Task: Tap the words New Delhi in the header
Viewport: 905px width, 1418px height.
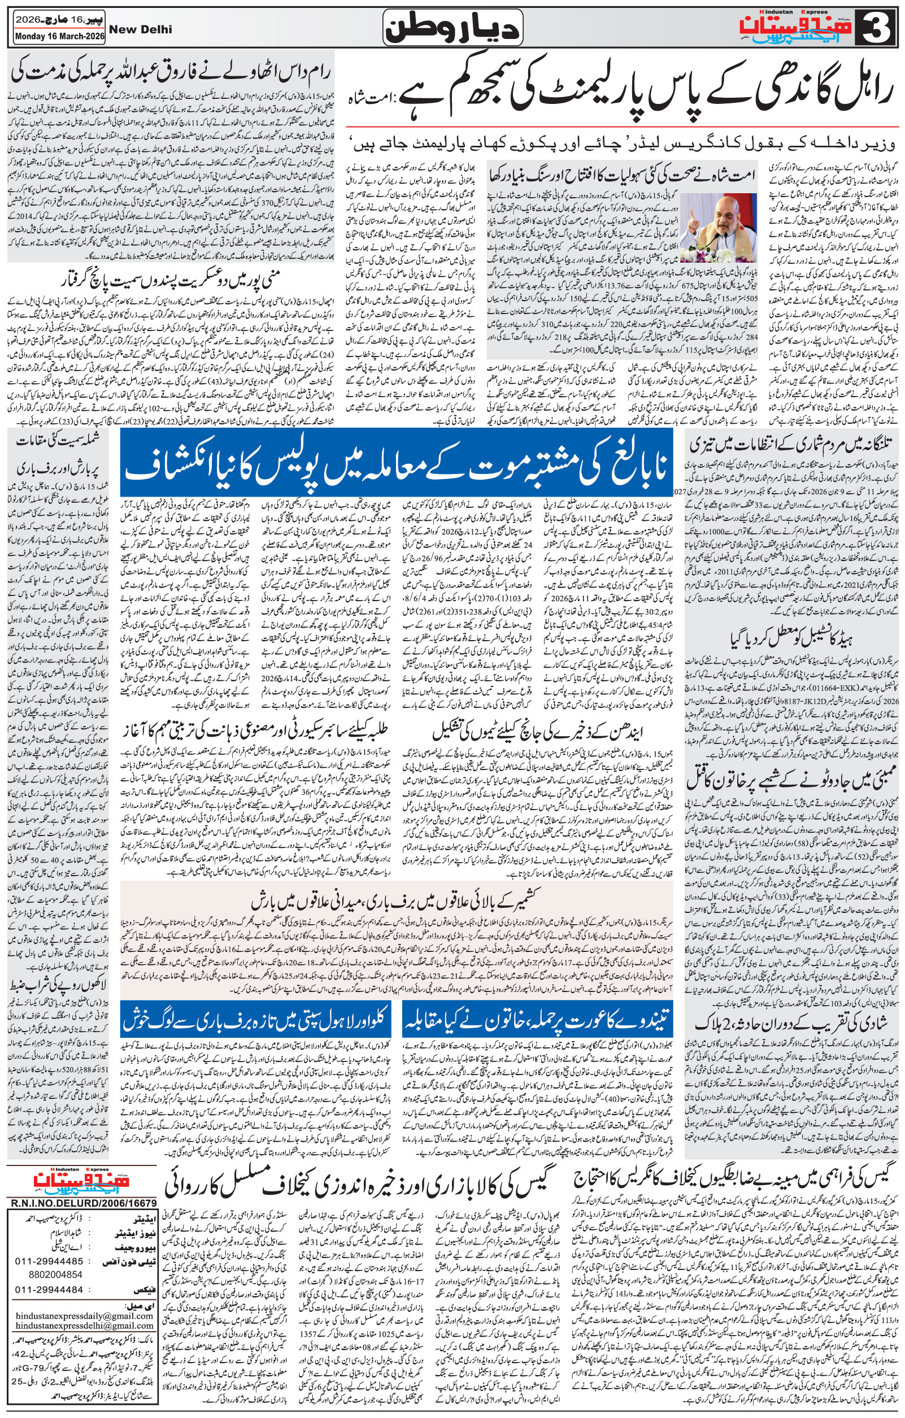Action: [x=142, y=29]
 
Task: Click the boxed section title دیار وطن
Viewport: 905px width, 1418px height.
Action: [x=451, y=28]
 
